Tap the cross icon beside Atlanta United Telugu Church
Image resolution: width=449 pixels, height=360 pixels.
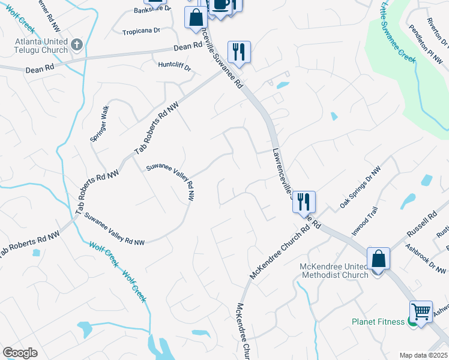coord(76,44)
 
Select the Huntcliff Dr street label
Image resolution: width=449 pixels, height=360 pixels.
coord(174,66)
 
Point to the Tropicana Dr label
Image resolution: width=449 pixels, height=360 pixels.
coord(141,31)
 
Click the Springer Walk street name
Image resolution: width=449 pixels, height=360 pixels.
coord(100,124)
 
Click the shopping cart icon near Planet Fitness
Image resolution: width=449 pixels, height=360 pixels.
coord(421,311)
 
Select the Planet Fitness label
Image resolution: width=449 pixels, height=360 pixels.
coord(378,322)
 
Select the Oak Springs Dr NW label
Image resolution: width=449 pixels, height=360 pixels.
coord(360,189)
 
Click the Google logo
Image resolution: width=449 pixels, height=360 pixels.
coord(20,353)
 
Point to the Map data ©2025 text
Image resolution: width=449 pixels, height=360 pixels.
coord(423,355)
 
